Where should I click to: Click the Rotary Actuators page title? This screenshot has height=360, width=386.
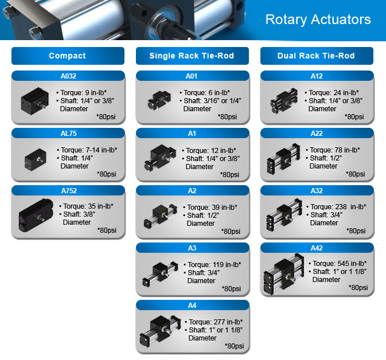click(318, 19)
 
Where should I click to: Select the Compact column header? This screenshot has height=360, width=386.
click(67, 56)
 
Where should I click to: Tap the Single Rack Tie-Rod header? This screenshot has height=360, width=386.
click(192, 56)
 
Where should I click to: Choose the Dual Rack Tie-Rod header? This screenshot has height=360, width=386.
click(316, 56)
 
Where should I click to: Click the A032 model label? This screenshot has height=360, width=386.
click(67, 76)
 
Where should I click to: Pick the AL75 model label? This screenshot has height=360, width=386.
click(67, 133)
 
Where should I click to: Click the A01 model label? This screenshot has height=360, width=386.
click(192, 76)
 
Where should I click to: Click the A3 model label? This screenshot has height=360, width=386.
click(192, 248)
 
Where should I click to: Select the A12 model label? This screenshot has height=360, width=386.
click(316, 76)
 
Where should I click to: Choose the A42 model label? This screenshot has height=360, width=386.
click(316, 248)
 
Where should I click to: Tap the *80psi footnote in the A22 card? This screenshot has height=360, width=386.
click(354, 174)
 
